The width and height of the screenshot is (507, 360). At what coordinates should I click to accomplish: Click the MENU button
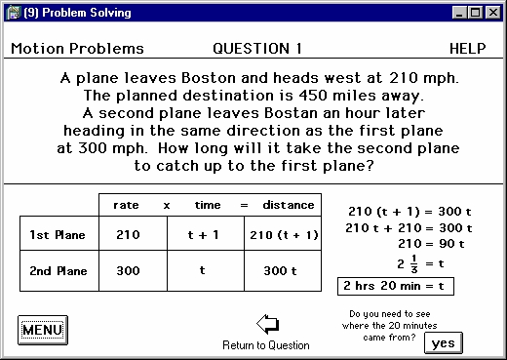point(41,330)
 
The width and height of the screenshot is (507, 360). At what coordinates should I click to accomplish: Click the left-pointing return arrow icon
point(265,324)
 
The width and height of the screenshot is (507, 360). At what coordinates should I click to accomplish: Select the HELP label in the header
point(467,49)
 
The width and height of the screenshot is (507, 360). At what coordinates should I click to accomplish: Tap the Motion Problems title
point(77,49)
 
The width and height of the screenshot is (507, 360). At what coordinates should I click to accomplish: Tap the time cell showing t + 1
point(204,235)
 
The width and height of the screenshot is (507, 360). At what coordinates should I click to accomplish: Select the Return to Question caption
point(266,345)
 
